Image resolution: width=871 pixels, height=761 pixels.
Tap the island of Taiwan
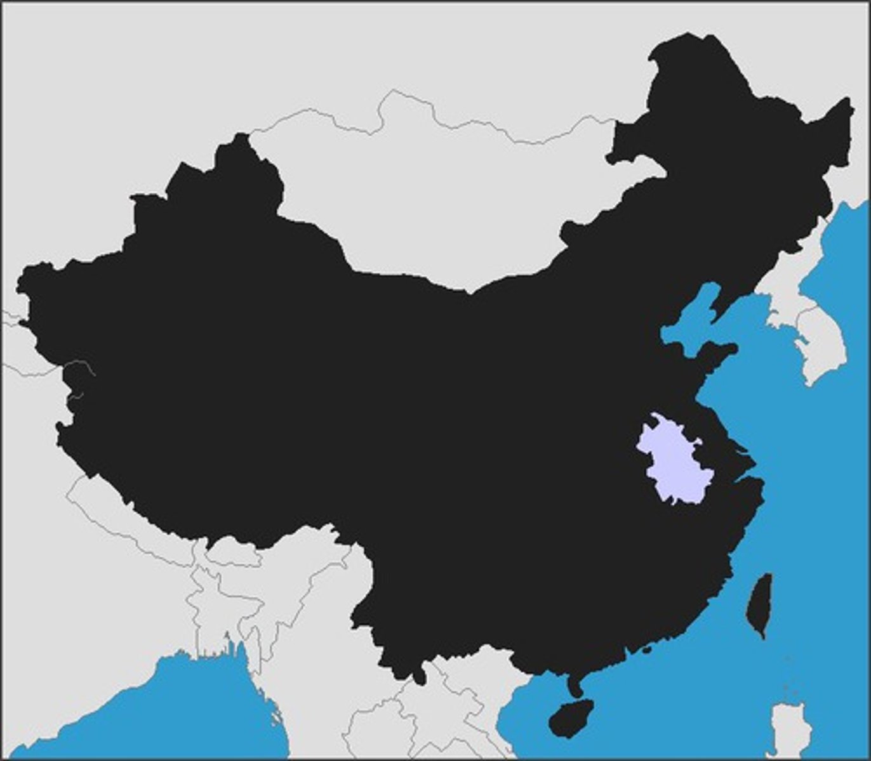click(759, 606)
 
